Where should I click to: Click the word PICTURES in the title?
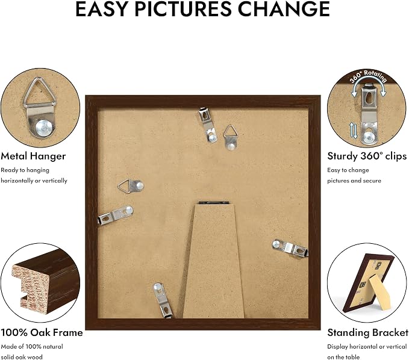[x=183, y=8]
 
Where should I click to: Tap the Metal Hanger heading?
[x=33, y=156]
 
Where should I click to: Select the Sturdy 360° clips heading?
[x=367, y=156]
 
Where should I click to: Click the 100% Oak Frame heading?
[x=42, y=332]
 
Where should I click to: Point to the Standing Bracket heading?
[x=367, y=333]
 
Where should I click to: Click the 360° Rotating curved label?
[x=368, y=76]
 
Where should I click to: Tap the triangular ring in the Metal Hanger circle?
[x=40, y=93]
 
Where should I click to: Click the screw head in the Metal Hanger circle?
[x=45, y=128]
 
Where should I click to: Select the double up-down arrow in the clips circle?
[x=353, y=130]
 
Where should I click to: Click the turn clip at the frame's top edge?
[x=208, y=125]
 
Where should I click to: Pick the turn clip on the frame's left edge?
[x=116, y=214]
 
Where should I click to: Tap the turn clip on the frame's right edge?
[x=290, y=247]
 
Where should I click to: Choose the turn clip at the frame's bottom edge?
[x=163, y=300]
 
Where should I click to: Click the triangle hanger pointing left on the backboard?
[x=131, y=186]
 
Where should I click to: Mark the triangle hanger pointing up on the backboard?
[x=231, y=137]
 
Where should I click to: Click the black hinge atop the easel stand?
[x=214, y=202]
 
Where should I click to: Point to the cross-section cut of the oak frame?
[x=30, y=289]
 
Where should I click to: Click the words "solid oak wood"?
[x=22, y=357]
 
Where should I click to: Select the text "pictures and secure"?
[x=354, y=181]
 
